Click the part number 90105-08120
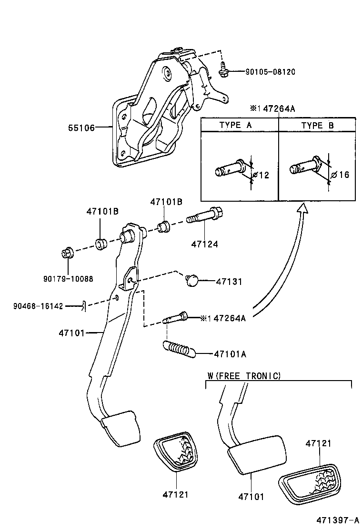pyautogui.click(x=270, y=72)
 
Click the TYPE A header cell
pyautogui.click(x=239, y=126)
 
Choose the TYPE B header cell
pyautogui.click(x=318, y=126)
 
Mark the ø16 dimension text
pyautogui.click(x=340, y=175)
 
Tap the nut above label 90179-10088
pyautogui.click(x=66, y=253)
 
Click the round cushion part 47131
pyautogui.click(x=192, y=281)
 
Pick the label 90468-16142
pyautogui.click(x=38, y=306)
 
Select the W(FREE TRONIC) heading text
pyautogui.click(x=244, y=376)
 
